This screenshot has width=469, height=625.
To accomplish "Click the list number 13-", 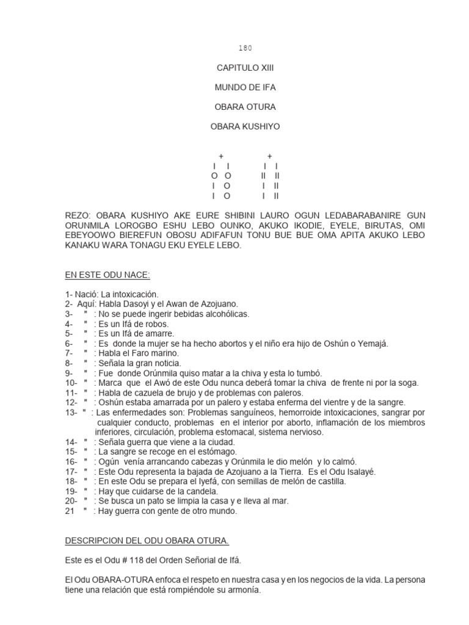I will tap(71, 412).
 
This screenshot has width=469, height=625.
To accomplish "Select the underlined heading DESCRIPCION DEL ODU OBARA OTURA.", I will tap(147, 540).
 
